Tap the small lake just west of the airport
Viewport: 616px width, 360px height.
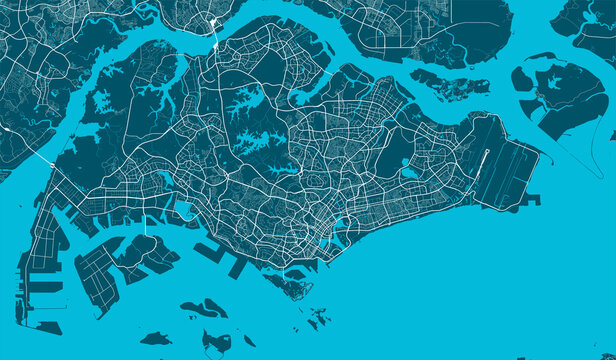pyautogui.click(x=409, y=172)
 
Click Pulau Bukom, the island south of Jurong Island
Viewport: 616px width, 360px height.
pyautogui.click(x=204, y=309)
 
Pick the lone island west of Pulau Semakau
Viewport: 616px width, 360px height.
pyautogui.click(x=155, y=339)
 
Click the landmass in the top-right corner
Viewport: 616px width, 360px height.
pyautogui.click(x=590, y=25)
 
